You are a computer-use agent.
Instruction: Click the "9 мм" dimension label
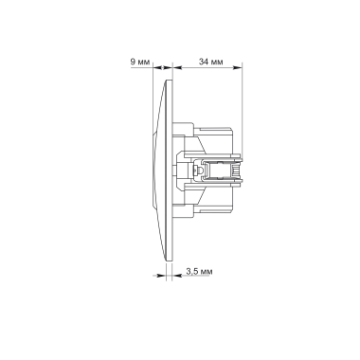[140, 62]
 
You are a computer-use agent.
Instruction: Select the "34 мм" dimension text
[210, 62]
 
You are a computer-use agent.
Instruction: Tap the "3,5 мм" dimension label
[198, 273]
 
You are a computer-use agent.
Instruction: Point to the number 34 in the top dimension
[203, 62]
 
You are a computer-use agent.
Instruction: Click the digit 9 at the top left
[133, 62]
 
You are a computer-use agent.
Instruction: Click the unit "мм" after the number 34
[217, 62]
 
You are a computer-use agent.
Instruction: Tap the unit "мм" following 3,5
[206, 273]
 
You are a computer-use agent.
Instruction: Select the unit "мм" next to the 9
[144, 62]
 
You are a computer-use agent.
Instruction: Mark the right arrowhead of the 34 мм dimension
[242, 68]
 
